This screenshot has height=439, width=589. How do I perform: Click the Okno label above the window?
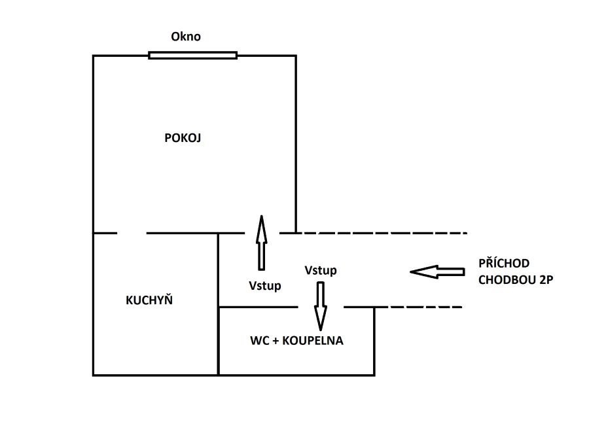186,37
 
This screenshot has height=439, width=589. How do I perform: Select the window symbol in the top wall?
192,56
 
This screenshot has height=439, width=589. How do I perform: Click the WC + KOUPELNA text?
296,341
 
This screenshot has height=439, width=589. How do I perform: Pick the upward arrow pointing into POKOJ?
261,242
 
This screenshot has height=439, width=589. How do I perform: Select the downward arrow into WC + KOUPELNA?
321,305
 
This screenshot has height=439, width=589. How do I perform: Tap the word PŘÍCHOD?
504,263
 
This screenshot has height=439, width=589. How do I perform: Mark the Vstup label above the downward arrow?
321,270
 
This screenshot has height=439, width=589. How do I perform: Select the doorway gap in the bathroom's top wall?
321,307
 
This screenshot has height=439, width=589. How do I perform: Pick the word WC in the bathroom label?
260,341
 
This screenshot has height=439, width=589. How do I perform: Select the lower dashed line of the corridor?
419,307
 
